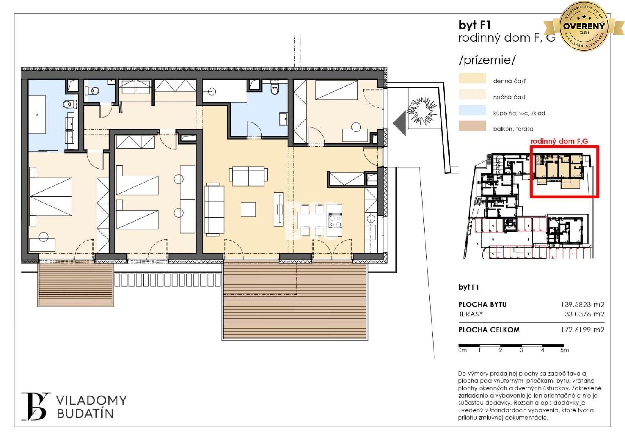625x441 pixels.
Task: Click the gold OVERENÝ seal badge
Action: pos(584,27)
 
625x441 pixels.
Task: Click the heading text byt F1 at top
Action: pos(474,25)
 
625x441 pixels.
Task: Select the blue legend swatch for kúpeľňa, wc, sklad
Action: pos(472,110)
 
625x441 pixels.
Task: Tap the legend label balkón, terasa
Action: pos(513,129)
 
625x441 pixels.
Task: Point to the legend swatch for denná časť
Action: pos(472,78)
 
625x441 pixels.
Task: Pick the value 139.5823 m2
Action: pos(582,304)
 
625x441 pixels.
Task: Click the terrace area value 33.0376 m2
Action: pos(584,314)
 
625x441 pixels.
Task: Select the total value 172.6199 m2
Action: pos(582,330)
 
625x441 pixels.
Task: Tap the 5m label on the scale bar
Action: pos(564,350)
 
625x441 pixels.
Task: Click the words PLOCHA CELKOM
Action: pos(489,330)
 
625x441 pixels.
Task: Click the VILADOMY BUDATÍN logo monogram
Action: pos(36,406)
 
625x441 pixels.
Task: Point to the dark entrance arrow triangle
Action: pos(400,123)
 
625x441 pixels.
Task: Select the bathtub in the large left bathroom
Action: pos(37,114)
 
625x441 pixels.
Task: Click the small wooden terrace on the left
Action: pos(76,285)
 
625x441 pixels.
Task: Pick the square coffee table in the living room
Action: pos(248,209)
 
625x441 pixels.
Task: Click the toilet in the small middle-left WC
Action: pos(93,91)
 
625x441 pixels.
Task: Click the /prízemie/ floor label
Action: pos(487,60)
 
